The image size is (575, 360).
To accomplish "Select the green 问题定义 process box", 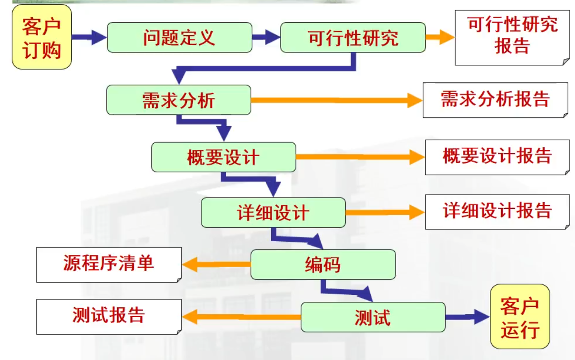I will (179, 37).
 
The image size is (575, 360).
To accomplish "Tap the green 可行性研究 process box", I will (353, 37).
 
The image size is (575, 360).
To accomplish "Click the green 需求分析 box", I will (179, 100).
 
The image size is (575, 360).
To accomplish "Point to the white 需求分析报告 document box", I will (495, 100).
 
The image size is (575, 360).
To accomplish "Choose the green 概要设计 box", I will (223, 157).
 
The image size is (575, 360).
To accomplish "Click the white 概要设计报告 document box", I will (497, 157).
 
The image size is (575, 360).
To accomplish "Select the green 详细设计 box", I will (273, 213).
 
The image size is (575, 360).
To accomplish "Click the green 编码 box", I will (323, 264).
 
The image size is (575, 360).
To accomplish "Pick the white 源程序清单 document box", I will (109, 264).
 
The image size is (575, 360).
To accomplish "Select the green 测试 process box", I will (373, 317).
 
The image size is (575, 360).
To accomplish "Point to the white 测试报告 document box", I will (109, 316).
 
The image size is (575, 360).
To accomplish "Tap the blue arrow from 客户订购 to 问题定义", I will (89, 37).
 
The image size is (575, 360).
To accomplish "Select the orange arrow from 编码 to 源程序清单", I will (216, 264).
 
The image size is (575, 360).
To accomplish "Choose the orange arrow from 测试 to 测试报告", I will (241, 317).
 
